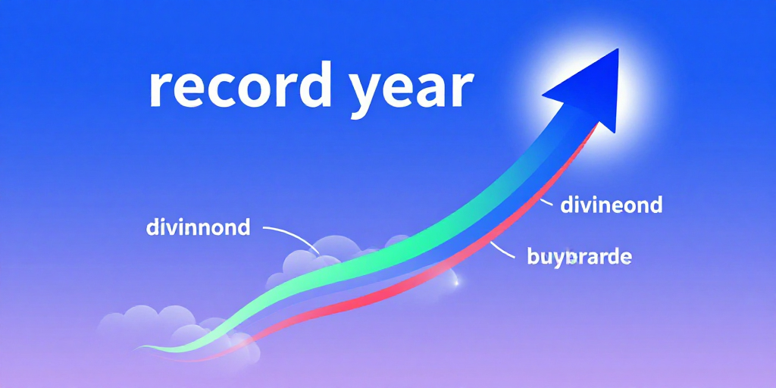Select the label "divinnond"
coord(198,227)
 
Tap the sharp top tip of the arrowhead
coord(618,48)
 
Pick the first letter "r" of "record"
coord(161,89)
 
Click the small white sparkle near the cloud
coord(455,283)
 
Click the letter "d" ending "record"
coord(314,85)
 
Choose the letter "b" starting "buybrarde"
coord(533,256)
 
